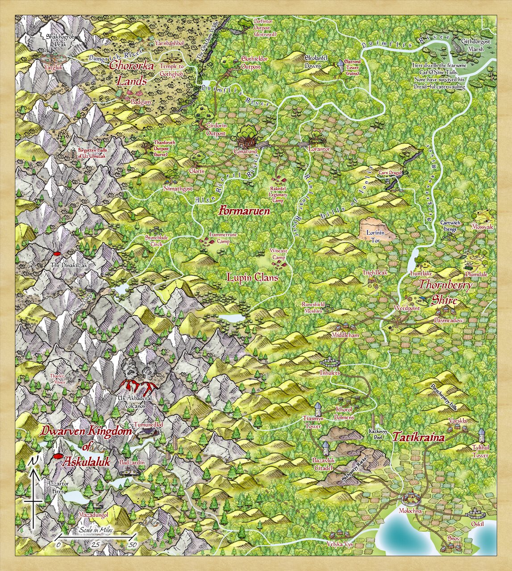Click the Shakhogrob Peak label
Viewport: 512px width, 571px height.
click(56, 40)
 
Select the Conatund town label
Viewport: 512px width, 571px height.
click(246, 152)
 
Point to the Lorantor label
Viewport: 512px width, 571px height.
click(319, 149)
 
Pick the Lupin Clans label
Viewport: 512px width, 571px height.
click(253, 278)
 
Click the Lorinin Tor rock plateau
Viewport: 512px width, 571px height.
click(376, 230)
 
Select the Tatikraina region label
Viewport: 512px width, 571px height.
click(418, 438)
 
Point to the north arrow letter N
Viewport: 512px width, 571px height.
click(33, 463)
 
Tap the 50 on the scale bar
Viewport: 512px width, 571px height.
click(133, 545)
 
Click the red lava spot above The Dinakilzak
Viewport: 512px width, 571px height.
click(57, 254)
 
